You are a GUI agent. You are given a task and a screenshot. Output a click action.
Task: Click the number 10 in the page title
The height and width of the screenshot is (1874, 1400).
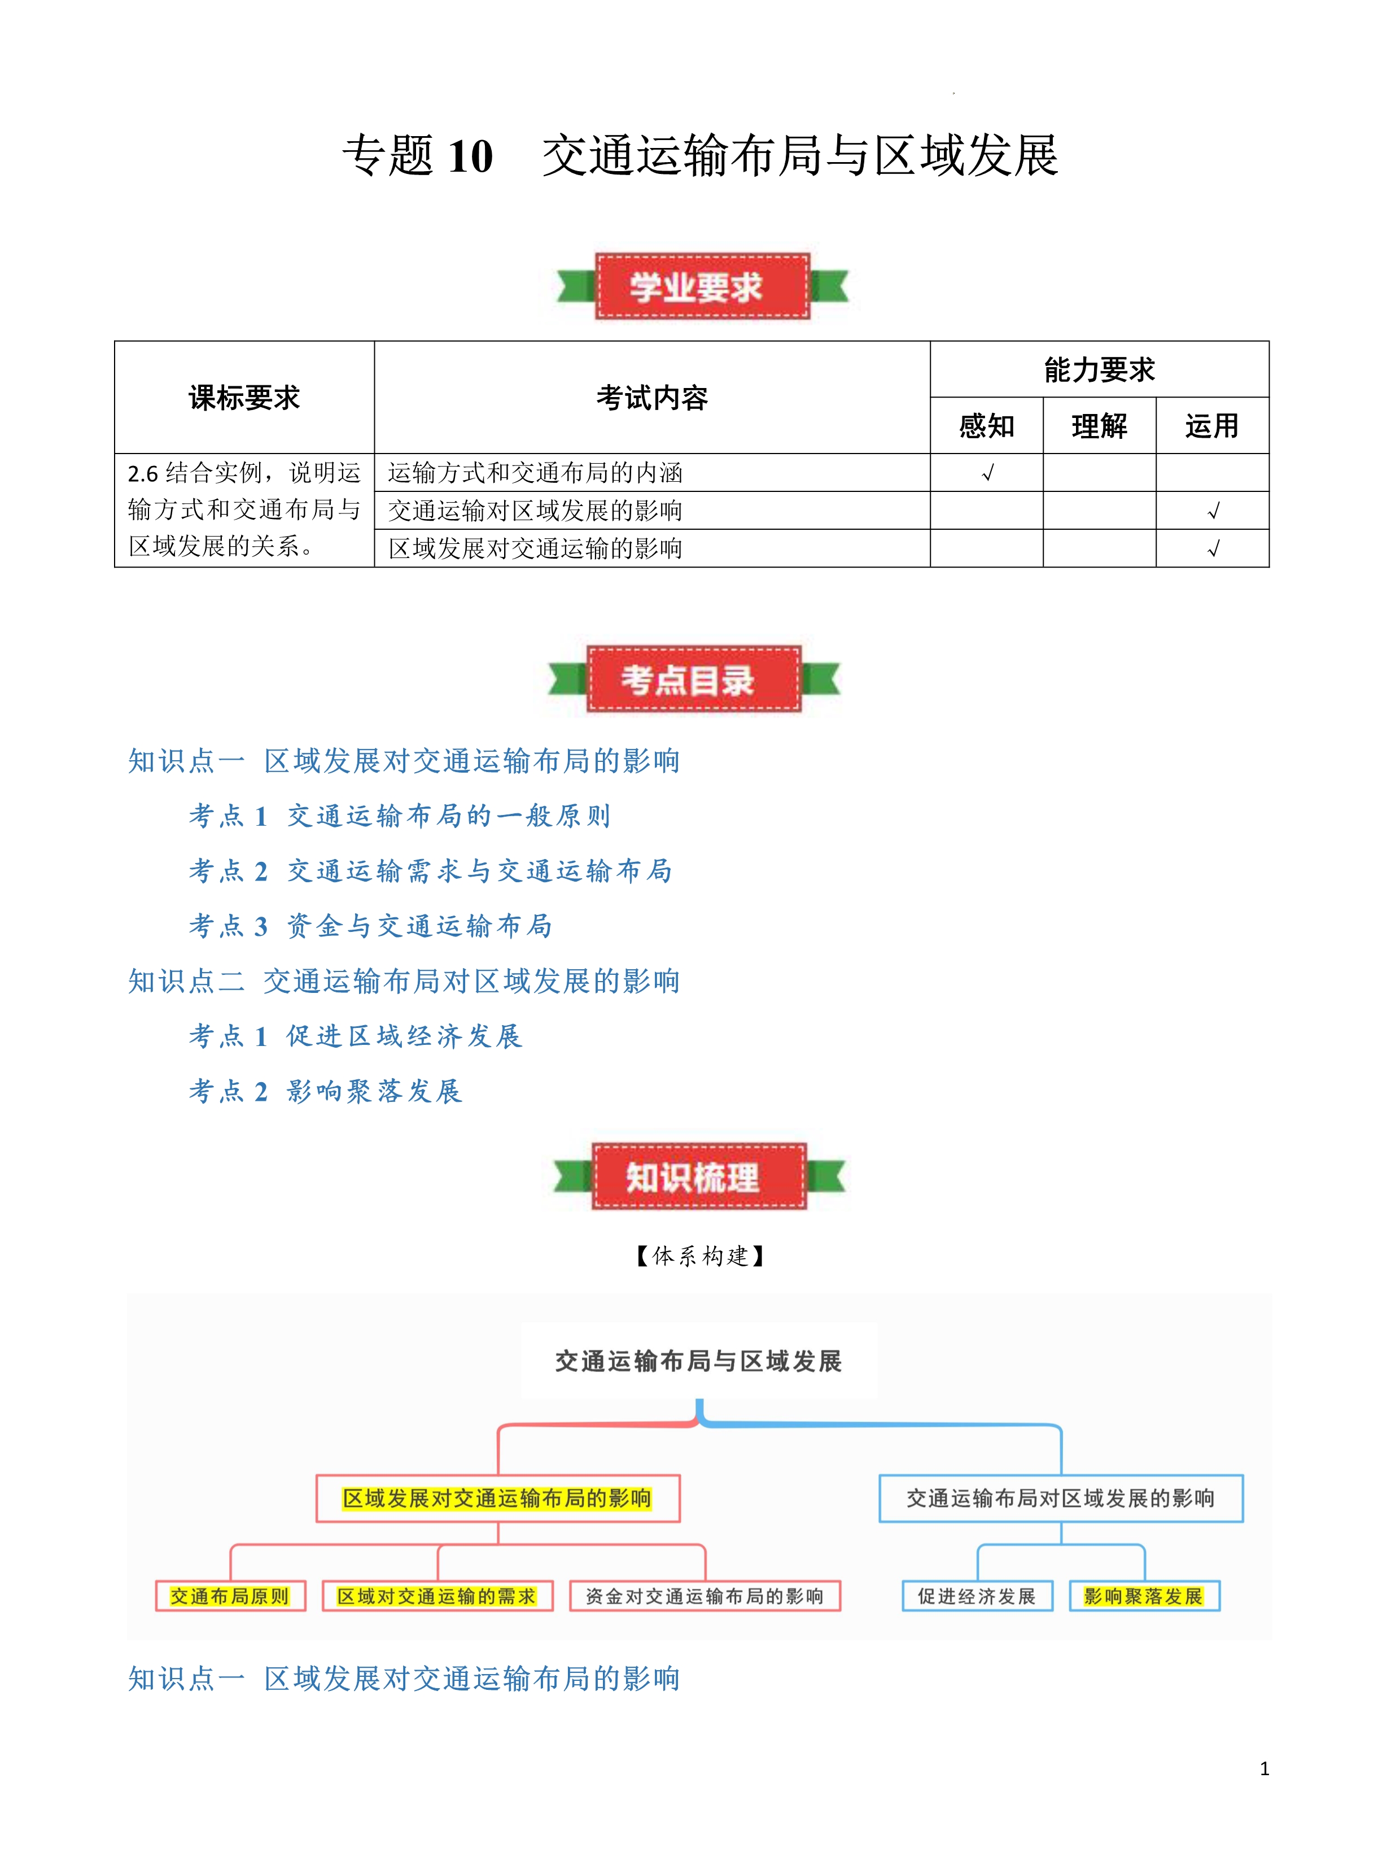[x=470, y=157]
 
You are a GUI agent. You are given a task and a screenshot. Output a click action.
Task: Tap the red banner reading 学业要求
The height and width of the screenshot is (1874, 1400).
[x=702, y=286]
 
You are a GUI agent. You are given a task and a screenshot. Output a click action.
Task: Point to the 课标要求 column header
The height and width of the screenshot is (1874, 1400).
[x=244, y=398]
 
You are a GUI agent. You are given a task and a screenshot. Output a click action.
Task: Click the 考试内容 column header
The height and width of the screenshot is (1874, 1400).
[x=651, y=398]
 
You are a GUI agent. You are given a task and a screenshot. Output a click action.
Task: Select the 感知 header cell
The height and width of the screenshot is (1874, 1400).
[x=986, y=425]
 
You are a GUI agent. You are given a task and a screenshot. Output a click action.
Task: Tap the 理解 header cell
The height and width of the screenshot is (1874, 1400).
[x=1099, y=425]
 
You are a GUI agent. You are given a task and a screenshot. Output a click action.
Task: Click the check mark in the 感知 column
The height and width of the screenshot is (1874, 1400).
[x=987, y=473]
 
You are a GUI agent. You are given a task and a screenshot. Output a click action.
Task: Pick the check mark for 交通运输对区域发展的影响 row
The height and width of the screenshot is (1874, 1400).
[x=1212, y=511]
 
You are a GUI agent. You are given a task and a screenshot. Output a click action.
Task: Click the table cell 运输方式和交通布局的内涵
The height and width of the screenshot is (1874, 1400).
[x=535, y=473]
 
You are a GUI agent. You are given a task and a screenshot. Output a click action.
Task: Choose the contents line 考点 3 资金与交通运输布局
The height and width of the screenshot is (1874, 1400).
[x=370, y=926]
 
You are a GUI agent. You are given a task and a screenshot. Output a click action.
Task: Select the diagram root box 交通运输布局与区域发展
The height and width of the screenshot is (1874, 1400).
[x=698, y=1361]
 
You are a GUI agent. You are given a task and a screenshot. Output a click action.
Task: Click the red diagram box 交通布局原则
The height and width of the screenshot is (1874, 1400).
[x=230, y=1596]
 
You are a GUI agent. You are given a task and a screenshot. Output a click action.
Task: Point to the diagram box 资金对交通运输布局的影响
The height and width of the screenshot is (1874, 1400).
[x=704, y=1596]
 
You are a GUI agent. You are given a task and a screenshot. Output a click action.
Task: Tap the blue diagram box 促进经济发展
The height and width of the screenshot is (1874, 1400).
[x=977, y=1596]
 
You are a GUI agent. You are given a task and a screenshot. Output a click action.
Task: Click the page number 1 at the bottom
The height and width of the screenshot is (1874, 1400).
[x=1263, y=1768]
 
